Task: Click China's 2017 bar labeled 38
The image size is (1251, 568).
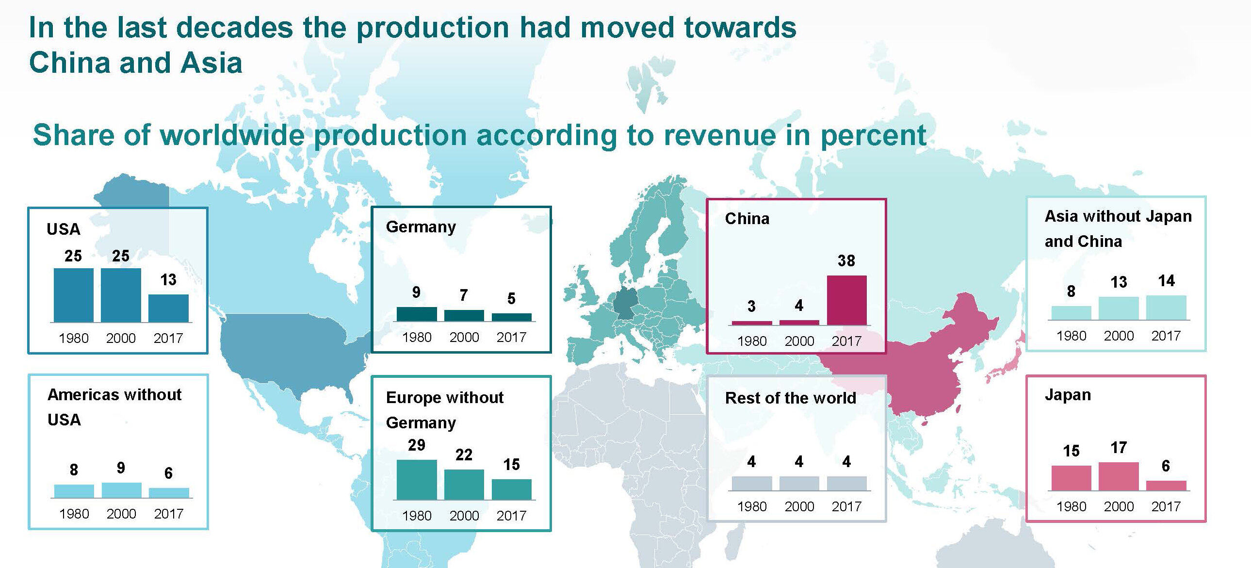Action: click(846, 300)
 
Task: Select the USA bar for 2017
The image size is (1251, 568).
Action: click(168, 308)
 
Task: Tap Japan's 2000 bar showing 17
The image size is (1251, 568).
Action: click(1119, 476)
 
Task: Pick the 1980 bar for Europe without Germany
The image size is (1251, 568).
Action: click(416, 479)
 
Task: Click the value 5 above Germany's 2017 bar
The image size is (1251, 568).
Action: click(511, 298)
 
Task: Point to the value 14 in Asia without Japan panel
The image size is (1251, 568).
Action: click(1166, 280)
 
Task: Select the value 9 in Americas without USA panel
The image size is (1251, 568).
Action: click(121, 468)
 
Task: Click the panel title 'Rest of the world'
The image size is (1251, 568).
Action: click(790, 398)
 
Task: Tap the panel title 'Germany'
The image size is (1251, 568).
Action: click(421, 227)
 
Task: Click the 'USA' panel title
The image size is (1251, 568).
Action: click(63, 229)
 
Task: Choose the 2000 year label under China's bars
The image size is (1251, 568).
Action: click(799, 341)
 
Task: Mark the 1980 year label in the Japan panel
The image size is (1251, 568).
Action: click(1071, 506)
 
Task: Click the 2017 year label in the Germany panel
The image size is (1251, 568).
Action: click(511, 337)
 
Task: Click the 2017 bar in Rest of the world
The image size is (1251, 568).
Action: click(846, 483)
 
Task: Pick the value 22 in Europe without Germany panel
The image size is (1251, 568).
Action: click(463, 454)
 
